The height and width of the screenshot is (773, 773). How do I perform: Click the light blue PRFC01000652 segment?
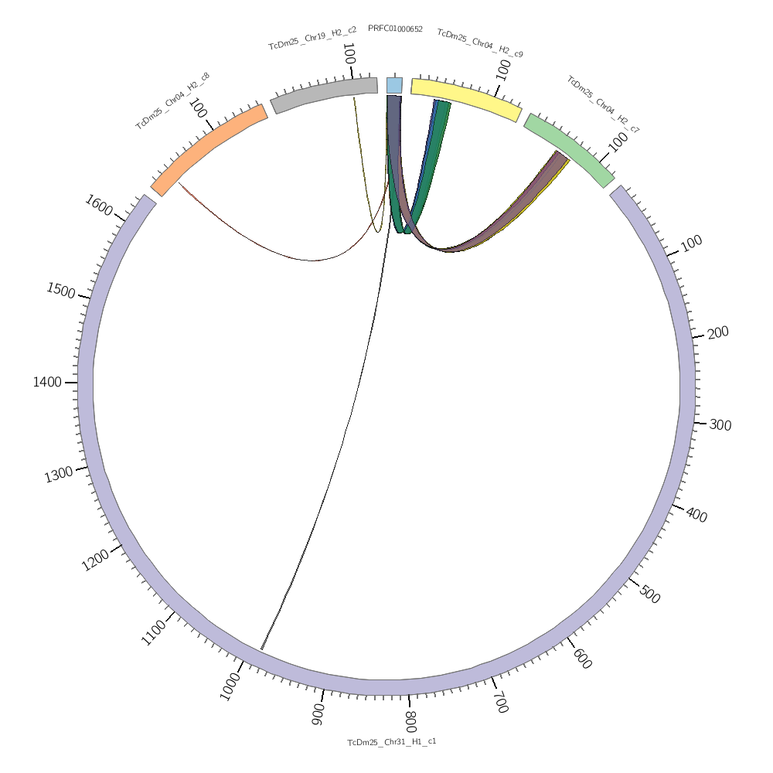pos(394,85)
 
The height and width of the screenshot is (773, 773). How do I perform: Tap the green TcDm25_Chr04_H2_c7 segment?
pos(569,150)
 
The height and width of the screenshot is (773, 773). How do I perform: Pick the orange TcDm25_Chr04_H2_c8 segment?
pos(209,147)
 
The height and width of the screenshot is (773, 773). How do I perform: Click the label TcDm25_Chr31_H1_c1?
pos(392,742)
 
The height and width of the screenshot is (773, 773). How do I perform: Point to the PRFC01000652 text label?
pos(395,29)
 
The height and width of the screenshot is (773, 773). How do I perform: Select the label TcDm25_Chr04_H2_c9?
pos(480,43)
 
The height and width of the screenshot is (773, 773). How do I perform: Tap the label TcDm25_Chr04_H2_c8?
pos(172,101)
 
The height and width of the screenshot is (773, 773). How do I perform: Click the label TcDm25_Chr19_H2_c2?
pos(312,37)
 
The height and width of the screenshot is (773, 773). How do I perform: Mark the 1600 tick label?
pos(98,206)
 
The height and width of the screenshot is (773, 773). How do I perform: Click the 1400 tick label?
pos(47,382)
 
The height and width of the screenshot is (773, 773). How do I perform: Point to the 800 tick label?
pos(410,721)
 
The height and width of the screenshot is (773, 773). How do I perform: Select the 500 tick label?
pos(650,595)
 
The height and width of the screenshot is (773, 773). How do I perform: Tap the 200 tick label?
pos(718,332)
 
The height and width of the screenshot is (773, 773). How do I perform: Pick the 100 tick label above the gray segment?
pos(349,54)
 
